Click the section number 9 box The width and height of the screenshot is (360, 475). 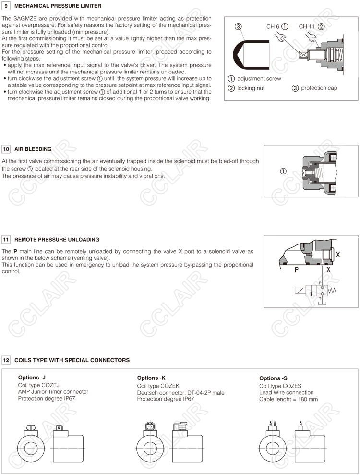(x=6, y=6)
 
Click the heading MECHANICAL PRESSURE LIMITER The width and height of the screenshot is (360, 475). (x=58, y=6)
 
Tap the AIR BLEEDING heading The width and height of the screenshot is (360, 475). (x=33, y=149)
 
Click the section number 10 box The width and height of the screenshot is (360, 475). (x=6, y=149)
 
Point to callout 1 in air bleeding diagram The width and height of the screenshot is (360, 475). (x=283, y=171)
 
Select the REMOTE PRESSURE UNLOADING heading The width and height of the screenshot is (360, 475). (x=57, y=239)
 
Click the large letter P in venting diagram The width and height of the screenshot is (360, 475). (x=297, y=270)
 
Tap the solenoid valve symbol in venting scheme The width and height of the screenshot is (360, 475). (x=313, y=291)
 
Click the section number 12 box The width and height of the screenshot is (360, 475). (x=6, y=360)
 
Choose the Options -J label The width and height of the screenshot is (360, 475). (x=32, y=378)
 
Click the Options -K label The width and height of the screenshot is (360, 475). (x=151, y=378)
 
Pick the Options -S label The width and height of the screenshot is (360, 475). (x=274, y=378)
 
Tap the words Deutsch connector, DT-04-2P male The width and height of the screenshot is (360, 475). (x=180, y=393)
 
